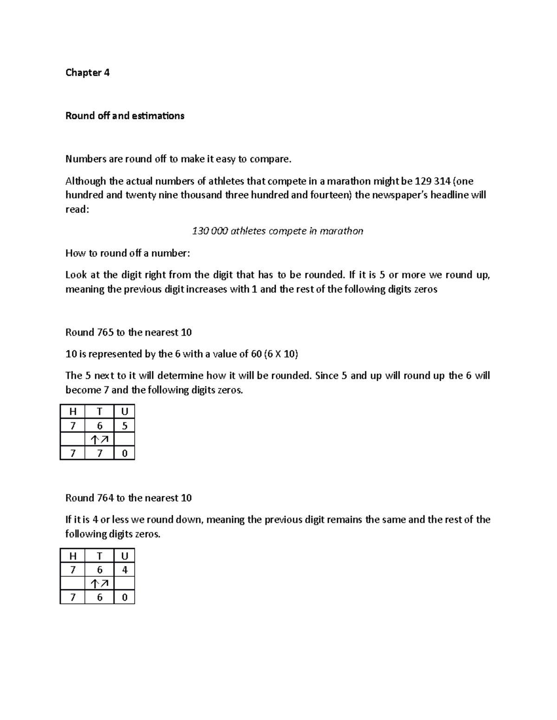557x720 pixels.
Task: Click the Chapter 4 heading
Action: click(87, 72)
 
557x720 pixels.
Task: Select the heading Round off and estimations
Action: click(125, 116)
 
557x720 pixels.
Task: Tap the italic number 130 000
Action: click(210, 231)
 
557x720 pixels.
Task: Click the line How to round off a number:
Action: click(128, 253)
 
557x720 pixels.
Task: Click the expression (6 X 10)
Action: click(281, 354)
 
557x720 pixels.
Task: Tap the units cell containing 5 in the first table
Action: click(124, 426)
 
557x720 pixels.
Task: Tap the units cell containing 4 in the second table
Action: click(124, 570)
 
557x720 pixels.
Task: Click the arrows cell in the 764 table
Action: click(99, 584)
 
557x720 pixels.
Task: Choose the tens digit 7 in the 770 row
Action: click(99, 453)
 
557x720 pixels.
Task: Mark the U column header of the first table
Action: click(124, 412)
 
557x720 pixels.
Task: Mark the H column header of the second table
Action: click(72, 556)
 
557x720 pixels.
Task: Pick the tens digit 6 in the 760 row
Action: click(99, 597)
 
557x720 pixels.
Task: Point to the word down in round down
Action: click(188, 520)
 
